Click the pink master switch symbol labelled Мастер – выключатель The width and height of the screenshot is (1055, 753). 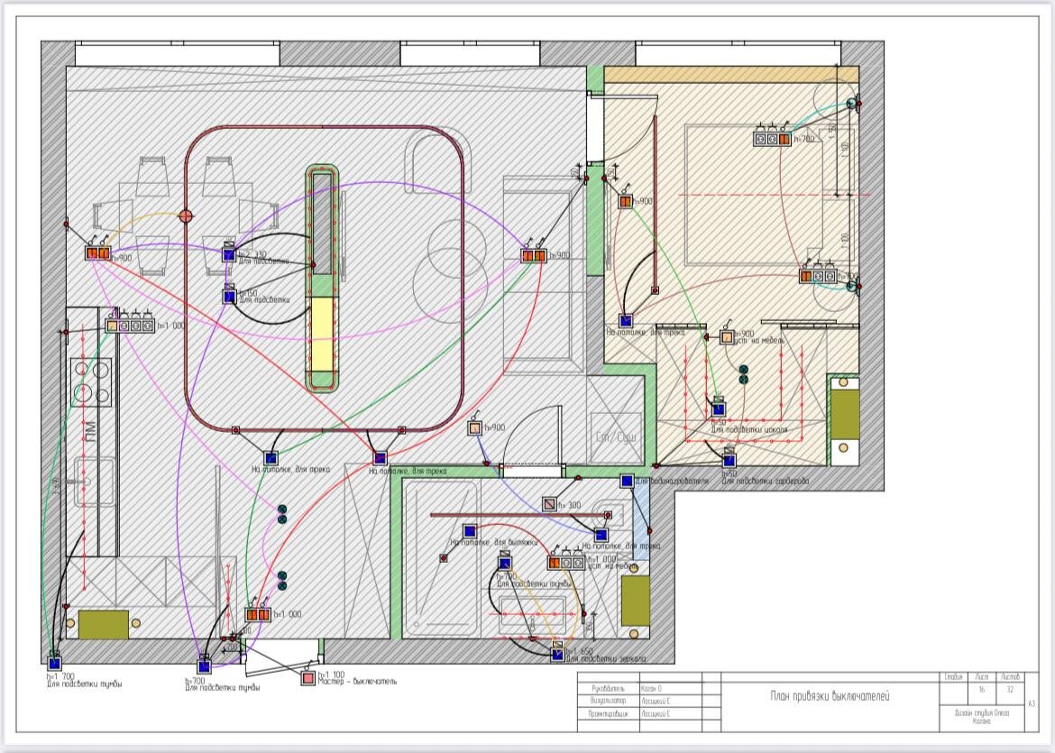point(308,677)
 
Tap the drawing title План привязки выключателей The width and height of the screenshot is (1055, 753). point(828,695)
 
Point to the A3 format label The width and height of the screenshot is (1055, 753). point(1031,703)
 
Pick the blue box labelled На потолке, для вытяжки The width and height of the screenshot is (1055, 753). point(469,531)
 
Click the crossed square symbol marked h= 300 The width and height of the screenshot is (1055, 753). point(549,504)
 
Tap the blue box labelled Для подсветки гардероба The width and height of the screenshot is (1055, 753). point(729,462)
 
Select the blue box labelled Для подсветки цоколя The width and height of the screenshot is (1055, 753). point(719,409)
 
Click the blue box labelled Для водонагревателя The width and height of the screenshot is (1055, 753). point(628,482)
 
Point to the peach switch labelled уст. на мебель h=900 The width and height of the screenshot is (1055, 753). point(727,337)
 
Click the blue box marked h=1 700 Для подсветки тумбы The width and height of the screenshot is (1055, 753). point(54,664)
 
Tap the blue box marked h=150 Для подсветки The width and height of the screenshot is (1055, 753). point(229,296)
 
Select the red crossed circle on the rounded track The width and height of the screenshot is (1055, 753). point(187,216)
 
